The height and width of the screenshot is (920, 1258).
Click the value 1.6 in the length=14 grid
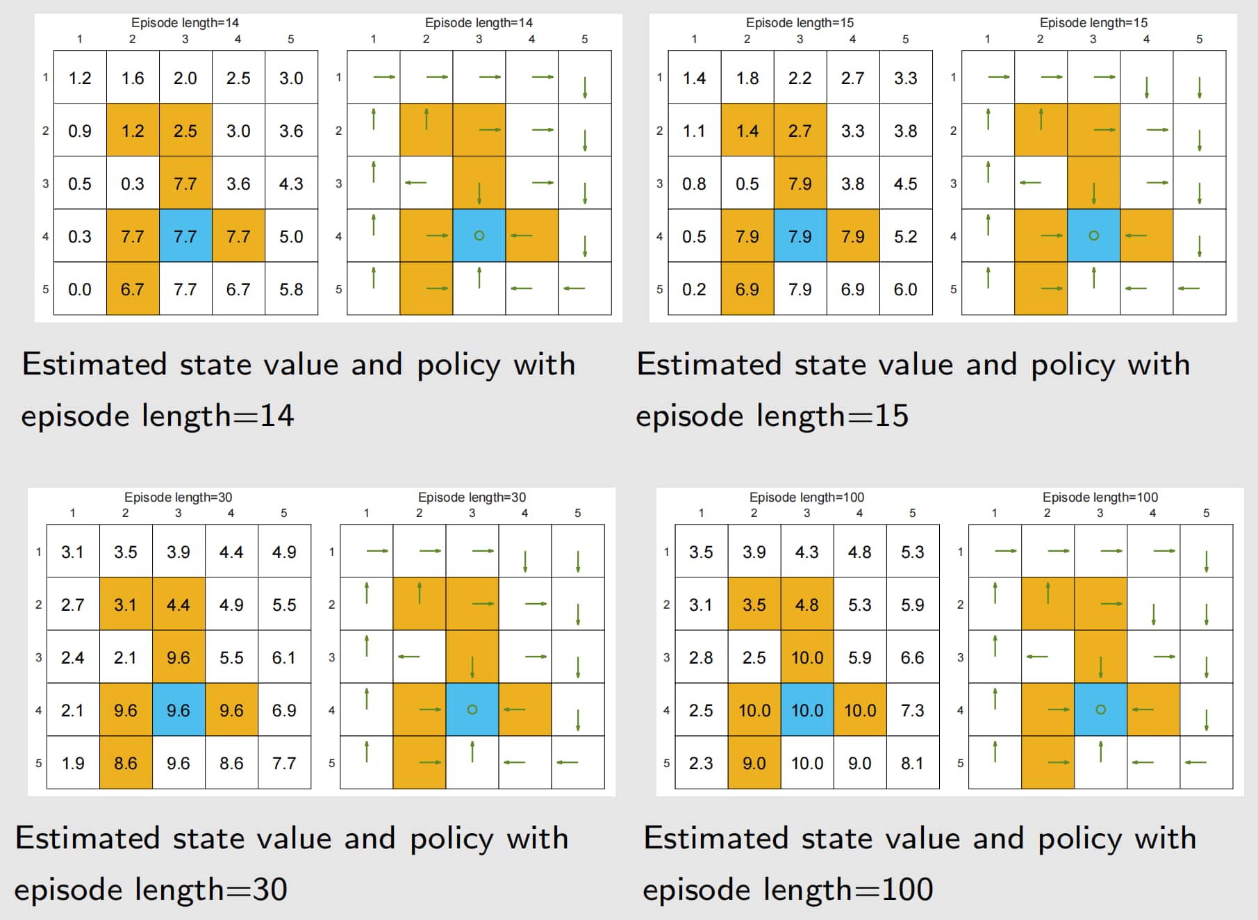[x=133, y=78]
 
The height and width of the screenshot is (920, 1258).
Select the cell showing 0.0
[x=80, y=289]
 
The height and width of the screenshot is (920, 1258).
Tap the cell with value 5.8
[x=291, y=289]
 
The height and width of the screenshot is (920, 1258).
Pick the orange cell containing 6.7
[x=133, y=289]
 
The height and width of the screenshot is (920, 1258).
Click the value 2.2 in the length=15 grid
[x=800, y=78]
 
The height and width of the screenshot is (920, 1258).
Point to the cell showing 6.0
[x=905, y=289]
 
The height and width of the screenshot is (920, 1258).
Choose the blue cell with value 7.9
[x=800, y=236]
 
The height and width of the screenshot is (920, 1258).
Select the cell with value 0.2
[x=694, y=289]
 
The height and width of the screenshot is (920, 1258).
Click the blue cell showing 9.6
[x=179, y=710]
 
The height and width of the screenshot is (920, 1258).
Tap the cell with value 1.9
[x=73, y=763]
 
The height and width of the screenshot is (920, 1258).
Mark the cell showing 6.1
[x=284, y=657]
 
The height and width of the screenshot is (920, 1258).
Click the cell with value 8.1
[x=912, y=763]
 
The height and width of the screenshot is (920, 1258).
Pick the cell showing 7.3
[x=912, y=710]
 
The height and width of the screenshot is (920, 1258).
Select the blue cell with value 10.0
[x=806, y=710]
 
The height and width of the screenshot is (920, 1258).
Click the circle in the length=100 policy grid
[x=1100, y=709]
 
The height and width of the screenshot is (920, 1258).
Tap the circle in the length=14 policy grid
[x=479, y=236]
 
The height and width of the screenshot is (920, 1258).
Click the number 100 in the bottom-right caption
[x=907, y=889]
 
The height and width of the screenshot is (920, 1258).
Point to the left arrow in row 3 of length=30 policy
[x=409, y=657]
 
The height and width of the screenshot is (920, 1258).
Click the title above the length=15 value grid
[x=800, y=23]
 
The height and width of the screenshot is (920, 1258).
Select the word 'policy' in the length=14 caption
[x=458, y=365]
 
